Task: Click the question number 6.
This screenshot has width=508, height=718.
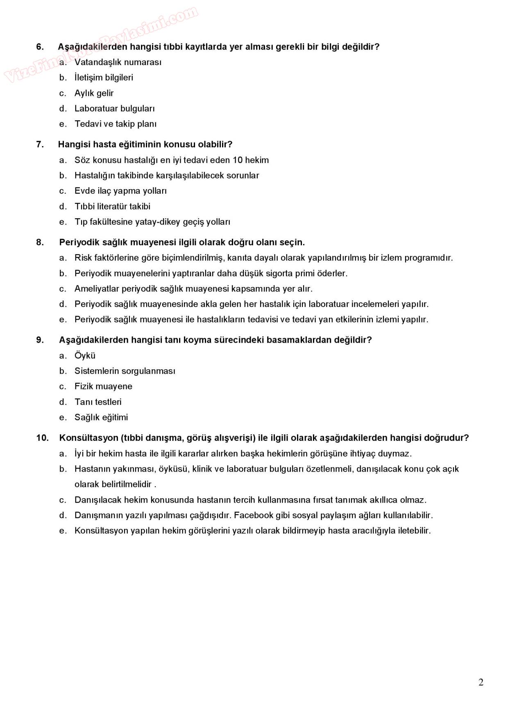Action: pos(40,47)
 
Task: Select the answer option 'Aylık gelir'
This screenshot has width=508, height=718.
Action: pos(94,93)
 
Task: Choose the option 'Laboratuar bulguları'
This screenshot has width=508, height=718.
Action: pos(114,108)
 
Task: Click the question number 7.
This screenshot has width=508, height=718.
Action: pos(40,144)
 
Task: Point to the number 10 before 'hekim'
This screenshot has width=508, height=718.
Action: pos(238,160)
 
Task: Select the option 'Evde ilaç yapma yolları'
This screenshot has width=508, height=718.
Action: pos(120,191)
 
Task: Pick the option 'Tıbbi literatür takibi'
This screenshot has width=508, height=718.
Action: pos(112,206)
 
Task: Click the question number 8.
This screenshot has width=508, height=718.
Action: pos(40,242)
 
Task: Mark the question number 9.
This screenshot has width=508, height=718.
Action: pos(40,340)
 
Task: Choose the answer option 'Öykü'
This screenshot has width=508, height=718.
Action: pos(85,356)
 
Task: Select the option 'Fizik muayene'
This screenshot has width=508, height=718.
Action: pos(103,386)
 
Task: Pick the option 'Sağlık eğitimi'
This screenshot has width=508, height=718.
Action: pos(101,418)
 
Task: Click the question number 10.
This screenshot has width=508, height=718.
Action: pos(42,438)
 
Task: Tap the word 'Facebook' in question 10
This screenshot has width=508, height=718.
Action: pos(253,515)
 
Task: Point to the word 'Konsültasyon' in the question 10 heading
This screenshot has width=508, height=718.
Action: pos(88,438)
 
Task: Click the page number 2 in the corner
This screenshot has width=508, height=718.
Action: pos(481,682)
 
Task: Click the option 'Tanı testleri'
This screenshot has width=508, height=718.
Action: pos(98,402)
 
